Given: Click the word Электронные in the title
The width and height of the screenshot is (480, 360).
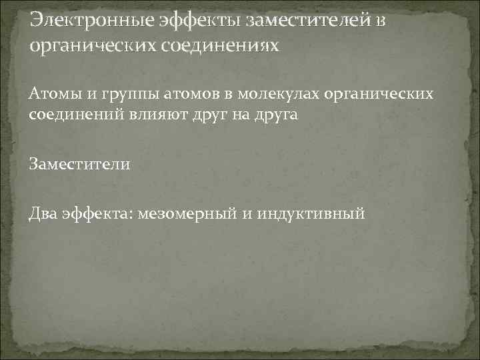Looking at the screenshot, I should pos(91,20).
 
